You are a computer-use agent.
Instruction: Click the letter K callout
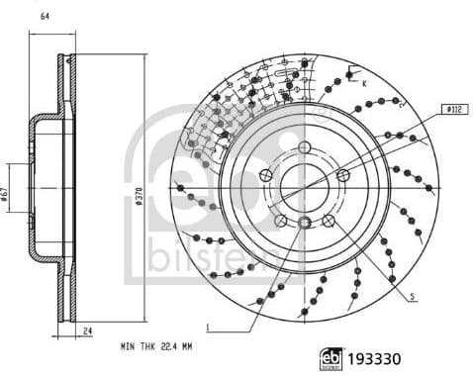tap(364, 84)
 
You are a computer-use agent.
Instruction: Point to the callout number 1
tap(208, 327)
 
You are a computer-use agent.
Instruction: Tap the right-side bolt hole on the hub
tap(342, 176)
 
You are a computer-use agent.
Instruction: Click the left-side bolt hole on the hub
tap(265, 176)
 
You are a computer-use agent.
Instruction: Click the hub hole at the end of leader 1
tap(305, 222)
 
